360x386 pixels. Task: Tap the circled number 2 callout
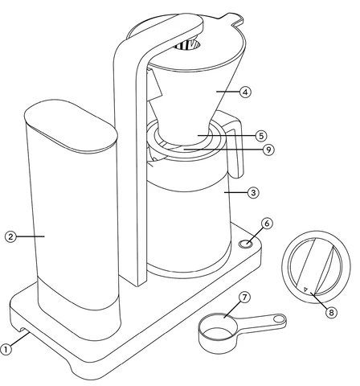pos(10,236)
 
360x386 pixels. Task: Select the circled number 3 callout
pos(253,192)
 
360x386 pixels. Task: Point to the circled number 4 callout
pos(245,92)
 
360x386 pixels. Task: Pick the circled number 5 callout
pos(261,136)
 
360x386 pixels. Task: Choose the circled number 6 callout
pos(267,224)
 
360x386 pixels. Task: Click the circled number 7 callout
pos(244,298)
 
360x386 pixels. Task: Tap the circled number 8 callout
pos(332,313)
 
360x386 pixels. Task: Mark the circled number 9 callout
pos(268,150)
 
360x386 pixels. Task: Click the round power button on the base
pos(245,244)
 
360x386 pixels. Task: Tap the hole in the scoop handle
pos(280,319)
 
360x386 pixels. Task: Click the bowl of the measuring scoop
pos(218,332)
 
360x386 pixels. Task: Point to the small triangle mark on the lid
pos(306,289)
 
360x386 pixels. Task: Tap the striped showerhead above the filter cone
pos(187,45)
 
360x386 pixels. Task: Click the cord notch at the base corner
pos(21,331)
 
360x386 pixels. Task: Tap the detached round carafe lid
pos(316,267)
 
